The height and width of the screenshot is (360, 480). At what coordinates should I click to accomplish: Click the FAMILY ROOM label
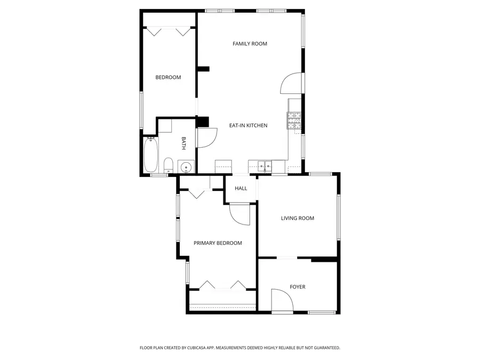tap(250, 44)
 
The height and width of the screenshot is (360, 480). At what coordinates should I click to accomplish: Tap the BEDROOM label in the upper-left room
tap(168, 77)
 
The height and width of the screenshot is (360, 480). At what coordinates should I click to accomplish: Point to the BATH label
tap(183, 143)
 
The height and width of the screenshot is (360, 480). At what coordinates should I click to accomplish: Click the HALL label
tap(241, 188)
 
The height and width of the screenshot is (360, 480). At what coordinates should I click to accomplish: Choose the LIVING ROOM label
tap(298, 218)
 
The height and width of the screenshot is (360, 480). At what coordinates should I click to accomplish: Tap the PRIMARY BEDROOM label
tap(218, 243)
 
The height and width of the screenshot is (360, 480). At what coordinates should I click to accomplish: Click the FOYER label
tap(298, 287)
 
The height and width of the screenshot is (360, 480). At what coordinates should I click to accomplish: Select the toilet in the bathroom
tap(167, 165)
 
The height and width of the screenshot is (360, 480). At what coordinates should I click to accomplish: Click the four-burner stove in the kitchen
tap(294, 121)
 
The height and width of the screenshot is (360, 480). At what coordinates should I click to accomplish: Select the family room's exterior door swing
tap(291, 83)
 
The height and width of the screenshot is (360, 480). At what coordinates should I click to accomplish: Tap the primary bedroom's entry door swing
tap(239, 216)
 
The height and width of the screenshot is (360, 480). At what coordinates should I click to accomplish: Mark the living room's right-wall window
tap(338, 217)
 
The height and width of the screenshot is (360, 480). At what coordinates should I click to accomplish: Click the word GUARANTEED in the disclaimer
tap(325, 348)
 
